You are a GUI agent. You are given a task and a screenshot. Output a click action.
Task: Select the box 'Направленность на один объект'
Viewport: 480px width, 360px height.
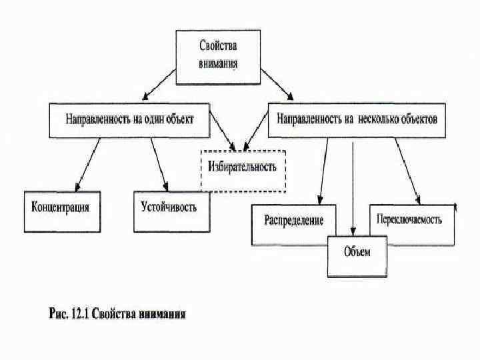(129, 120)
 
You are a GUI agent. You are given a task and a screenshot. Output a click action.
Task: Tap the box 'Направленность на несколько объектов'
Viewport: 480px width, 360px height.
(357, 120)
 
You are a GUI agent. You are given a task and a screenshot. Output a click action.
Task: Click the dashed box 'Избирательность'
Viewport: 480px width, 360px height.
(243, 167)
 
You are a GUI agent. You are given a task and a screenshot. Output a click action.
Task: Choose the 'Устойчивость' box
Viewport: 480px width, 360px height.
(169, 207)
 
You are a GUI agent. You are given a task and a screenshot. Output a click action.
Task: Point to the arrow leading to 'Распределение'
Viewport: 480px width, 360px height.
(324, 170)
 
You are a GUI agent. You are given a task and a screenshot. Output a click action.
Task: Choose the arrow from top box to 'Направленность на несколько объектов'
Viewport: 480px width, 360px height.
(276, 84)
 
